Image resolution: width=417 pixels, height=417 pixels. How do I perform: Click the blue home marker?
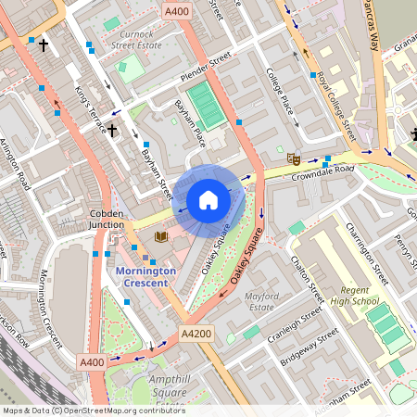[x=208, y=200]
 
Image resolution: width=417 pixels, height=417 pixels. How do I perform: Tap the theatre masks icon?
[x=294, y=158]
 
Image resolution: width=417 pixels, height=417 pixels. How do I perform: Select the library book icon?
[x=161, y=237]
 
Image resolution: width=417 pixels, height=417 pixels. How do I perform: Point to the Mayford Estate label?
[x=260, y=300]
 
